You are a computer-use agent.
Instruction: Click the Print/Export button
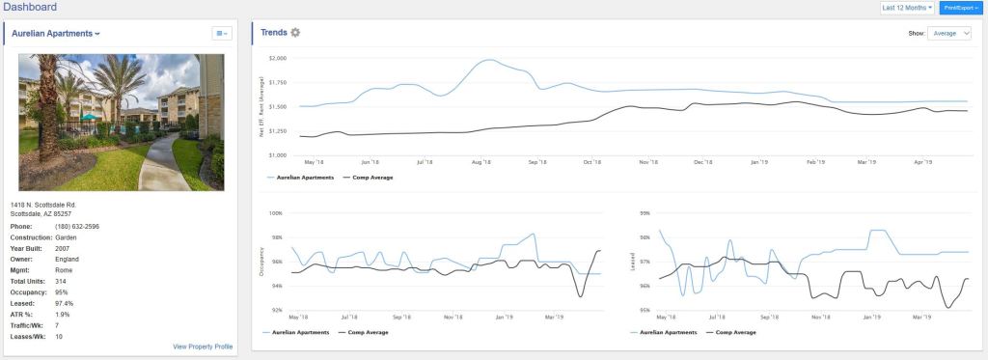[x=961, y=8]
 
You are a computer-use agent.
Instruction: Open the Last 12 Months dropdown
[x=907, y=8]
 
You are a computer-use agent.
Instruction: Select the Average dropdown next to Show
[x=949, y=33]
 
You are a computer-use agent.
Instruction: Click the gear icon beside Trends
[x=295, y=33]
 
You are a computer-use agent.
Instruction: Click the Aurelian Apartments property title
[x=55, y=33]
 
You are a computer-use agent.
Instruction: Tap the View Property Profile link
[x=203, y=346]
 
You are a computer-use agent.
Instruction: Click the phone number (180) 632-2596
[x=77, y=226]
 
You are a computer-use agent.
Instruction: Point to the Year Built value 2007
[x=64, y=247]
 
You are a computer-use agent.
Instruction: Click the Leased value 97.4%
[x=65, y=303]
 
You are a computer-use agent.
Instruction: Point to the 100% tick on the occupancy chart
[x=275, y=212]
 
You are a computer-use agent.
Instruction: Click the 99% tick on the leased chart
[x=644, y=212]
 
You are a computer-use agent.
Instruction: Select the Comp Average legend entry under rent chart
[x=370, y=178]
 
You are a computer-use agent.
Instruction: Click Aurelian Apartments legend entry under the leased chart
[x=669, y=332]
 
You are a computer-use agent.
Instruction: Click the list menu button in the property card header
[x=221, y=33]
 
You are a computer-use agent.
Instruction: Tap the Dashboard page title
[x=29, y=8]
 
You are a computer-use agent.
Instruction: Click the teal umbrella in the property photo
[x=89, y=118]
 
